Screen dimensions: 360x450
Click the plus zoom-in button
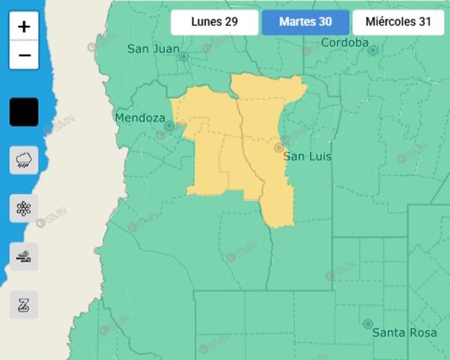click(24, 26)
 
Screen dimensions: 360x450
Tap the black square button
click(24, 112)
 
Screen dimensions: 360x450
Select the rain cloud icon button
click(24, 160)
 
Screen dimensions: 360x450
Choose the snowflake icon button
click(24, 208)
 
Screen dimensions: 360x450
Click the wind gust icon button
click(24, 256)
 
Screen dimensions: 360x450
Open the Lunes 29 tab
click(214, 22)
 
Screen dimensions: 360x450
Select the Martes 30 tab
click(306, 22)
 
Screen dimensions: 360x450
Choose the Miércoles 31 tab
click(398, 22)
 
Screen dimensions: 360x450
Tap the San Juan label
click(153, 49)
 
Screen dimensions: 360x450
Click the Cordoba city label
click(345, 43)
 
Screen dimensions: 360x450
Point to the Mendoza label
click(140, 118)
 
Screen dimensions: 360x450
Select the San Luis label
click(307, 157)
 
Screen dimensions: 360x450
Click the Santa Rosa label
click(404, 333)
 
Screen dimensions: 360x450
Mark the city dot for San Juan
click(184, 57)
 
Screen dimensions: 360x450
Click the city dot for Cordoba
click(372, 50)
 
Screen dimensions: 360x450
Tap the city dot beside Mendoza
click(169, 126)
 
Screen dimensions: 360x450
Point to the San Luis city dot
click(278, 147)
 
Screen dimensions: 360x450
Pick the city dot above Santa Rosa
click(368, 324)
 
